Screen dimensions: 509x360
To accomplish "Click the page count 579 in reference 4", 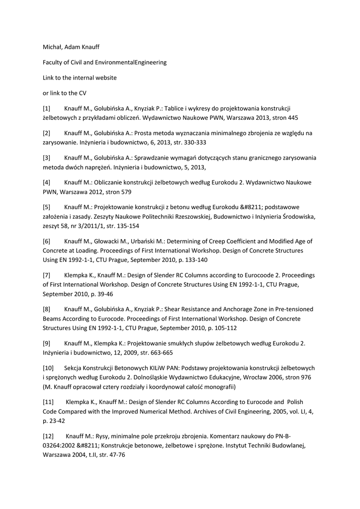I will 125,191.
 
